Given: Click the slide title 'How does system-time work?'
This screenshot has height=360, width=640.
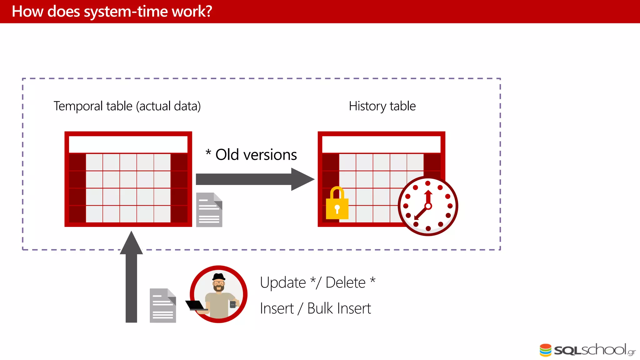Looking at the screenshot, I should click(x=112, y=12).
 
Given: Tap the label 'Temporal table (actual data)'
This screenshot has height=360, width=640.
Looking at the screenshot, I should click(x=127, y=106).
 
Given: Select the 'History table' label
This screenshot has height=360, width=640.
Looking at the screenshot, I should click(x=382, y=106).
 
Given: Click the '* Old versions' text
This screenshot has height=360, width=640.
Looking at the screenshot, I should click(x=251, y=155).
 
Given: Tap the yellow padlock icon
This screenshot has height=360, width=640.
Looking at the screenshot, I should click(x=337, y=204).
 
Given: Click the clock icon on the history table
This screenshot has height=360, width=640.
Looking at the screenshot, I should click(x=428, y=206).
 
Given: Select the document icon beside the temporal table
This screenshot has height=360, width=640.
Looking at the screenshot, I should click(x=209, y=210).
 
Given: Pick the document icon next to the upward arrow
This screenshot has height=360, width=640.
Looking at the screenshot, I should click(x=163, y=306).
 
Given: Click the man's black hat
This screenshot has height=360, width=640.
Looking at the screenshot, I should click(x=219, y=277).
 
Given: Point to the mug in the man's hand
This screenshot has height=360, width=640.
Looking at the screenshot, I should click(x=233, y=304).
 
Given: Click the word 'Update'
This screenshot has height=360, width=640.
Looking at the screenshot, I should click(x=283, y=283).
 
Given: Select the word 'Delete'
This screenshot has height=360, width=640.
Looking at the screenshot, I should click(x=345, y=283).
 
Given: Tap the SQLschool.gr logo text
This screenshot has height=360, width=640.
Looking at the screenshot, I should click(x=594, y=350).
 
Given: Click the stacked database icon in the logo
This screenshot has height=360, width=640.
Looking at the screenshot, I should click(x=546, y=350).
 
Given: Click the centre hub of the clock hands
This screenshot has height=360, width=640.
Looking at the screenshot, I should click(x=428, y=206).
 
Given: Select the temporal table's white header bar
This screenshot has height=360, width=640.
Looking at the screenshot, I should click(x=128, y=144).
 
